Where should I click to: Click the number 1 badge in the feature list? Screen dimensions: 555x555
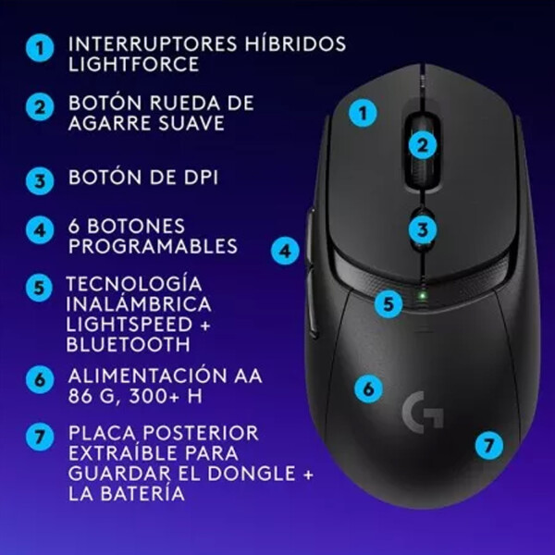(x=39, y=49)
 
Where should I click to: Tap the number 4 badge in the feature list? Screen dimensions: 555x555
(x=39, y=229)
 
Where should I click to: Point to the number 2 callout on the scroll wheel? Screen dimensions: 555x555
(x=422, y=144)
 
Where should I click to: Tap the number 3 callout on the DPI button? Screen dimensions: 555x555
(x=422, y=229)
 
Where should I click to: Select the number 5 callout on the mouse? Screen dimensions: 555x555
(x=390, y=302)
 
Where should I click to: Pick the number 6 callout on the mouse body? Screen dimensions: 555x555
(x=368, y=388)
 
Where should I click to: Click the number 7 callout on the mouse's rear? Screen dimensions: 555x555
(x=489, y=445)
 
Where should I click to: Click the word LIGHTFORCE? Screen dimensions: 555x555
(x=133, y=66)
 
